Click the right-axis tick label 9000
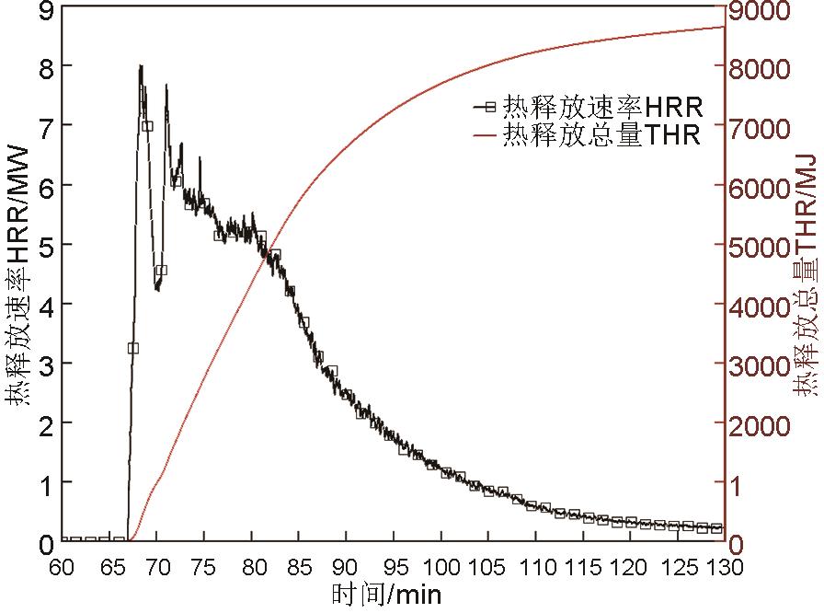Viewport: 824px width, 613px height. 761,11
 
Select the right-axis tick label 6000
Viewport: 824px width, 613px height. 761,188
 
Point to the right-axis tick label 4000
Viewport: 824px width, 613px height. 761,306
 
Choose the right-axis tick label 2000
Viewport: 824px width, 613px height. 761,425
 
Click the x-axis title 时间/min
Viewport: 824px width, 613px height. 386,594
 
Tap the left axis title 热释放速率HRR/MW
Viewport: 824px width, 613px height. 18,276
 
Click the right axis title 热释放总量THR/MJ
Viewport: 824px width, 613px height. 806,276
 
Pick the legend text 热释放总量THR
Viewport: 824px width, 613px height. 601,135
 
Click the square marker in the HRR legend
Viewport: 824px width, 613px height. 489,107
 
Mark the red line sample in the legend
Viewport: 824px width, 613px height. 486,136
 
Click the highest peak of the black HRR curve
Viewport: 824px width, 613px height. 141,66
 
